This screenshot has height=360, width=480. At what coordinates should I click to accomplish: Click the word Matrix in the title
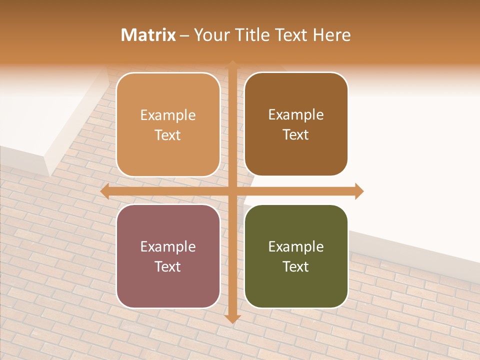148,35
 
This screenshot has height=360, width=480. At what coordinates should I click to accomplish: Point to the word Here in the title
332,35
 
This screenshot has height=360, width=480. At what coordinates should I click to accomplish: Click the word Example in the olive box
296,246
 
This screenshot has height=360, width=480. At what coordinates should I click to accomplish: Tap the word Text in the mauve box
168,266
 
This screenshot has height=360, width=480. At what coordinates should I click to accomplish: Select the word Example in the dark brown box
296,115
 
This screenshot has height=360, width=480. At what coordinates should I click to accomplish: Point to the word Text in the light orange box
168,135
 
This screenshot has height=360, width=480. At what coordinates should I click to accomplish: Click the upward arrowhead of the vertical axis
231,64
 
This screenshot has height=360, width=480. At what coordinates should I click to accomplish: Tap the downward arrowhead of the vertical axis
231,318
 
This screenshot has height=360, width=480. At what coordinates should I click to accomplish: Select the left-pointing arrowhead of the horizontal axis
104,191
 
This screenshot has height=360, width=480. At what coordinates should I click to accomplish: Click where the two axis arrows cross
231,191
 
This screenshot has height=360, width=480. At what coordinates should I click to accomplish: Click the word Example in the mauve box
168,246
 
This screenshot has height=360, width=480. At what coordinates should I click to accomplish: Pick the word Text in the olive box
296,266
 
